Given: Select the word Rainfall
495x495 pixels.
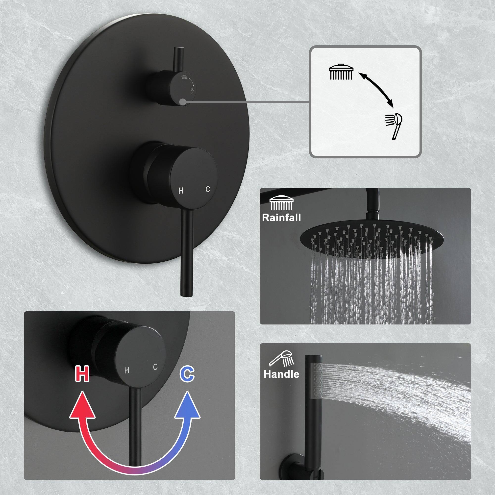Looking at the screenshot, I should coord(281,218).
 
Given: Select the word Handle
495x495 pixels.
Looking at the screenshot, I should coord(281,374).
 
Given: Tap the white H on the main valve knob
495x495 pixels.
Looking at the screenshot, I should coord(181,191).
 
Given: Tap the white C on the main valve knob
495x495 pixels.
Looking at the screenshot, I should coord(208,189).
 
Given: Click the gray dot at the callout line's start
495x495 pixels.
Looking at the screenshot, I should coord(182,102).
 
